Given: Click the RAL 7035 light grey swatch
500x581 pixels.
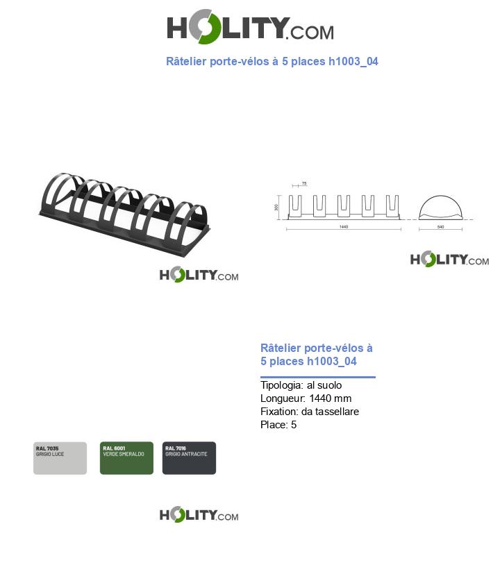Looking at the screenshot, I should point(60,458).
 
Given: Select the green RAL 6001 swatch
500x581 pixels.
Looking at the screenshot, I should point(126,458).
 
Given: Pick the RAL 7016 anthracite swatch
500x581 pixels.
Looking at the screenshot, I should point(189,458).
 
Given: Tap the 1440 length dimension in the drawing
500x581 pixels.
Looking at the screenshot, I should point(343,227).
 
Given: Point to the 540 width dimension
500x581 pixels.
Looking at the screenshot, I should point(440,227).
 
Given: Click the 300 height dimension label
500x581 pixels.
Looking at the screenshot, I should point(276,208).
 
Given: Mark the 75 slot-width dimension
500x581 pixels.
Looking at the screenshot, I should point(304,184).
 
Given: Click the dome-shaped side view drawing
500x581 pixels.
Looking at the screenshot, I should point(440,208).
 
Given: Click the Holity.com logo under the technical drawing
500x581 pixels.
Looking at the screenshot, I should point(449,260).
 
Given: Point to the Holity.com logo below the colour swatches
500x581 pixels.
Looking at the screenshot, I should point(199,515).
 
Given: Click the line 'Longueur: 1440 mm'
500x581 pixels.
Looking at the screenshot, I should point(306,398).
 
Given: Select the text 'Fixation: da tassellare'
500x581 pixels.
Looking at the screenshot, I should point(310,412).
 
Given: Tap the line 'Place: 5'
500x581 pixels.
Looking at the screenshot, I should point(278,425).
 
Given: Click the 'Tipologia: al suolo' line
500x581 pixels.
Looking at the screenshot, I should point(301,385).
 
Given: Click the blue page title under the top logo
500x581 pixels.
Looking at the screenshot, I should point(272,62).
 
